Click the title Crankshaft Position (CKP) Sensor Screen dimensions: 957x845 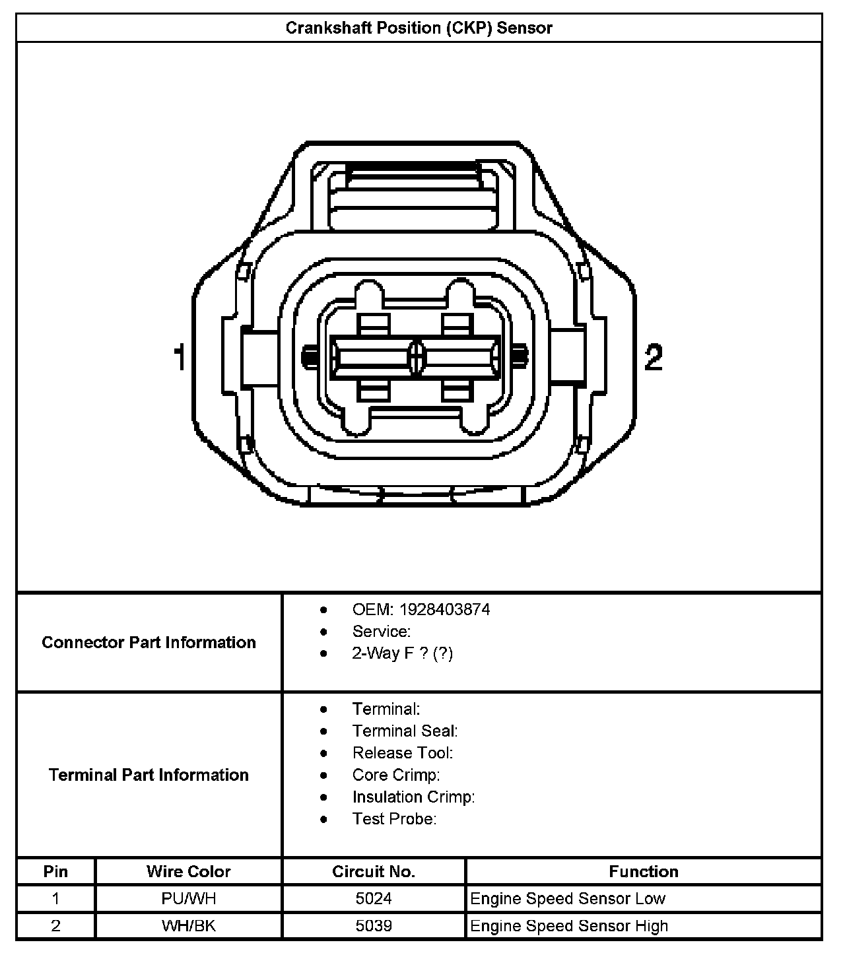click(x=419, y=28)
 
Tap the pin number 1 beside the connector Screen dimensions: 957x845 click(x=179, y=358)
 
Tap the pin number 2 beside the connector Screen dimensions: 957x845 click(x=653, y=358)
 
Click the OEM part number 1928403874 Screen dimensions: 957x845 click(x=454, y=609)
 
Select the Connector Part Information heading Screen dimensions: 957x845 click(x=149, y=642)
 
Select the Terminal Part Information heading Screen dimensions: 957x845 click(x=149, y=775)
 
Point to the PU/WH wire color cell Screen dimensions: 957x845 click(x=188, y=898)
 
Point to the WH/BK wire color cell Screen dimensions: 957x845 click(x=188, y=926)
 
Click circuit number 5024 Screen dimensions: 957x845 click(x=374, y=898)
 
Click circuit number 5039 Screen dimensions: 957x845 click(x=374, y=926)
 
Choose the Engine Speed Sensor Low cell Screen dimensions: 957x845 click(x=568, y=898)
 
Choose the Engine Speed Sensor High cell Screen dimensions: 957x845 click(x=569, y=926)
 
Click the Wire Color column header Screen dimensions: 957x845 click(x=188, y=871)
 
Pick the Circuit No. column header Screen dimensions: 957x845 click(x=374, y=871)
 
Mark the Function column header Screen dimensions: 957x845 click(x=644, y=871)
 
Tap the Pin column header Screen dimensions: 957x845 click(x=55, y=871)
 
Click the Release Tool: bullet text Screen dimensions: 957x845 click(x=403, y=753)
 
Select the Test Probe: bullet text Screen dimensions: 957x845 click(x=394, y=819)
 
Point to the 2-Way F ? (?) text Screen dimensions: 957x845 click(x=403, y=653)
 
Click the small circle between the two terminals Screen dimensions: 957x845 click(x=416, y=358)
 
